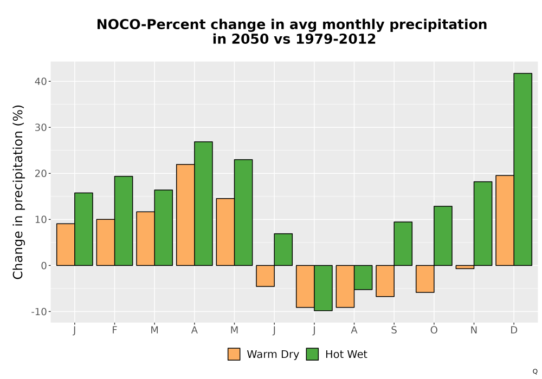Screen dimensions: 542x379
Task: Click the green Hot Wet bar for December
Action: click(x=522, y=169)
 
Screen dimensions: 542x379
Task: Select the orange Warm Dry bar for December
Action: click(x=505, y=220)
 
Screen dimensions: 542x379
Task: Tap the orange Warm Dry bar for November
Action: click(x=465, y=267)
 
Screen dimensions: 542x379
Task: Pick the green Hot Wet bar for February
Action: click(x=124, y=221)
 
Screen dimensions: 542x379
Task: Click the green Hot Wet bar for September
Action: click(x=403, y=244)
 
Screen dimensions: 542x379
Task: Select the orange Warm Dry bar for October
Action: click(x=425, y=279)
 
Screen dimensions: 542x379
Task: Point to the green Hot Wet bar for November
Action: click(x=483, y=223)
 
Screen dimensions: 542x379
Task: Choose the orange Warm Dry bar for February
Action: click(x=106, y=243)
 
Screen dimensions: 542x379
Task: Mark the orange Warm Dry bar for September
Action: click(x=385, y=281)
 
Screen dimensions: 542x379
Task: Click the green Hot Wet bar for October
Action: click(x=443, y=236)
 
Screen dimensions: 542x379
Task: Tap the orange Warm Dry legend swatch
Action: click(x=234, y=354)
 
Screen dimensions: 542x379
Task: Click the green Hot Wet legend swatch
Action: click(x=312, y=354)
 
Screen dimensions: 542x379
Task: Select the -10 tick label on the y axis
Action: click(x=39, y=312)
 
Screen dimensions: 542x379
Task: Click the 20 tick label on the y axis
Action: click(x=41, y=174)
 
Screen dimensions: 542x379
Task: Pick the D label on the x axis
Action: click(x=514, y=330)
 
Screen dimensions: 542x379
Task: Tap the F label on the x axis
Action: click(x=114, y=330)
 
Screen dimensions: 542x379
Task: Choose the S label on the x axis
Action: click(x=394, y=330)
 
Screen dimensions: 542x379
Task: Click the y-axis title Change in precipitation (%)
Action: click(x=18, y=192)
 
